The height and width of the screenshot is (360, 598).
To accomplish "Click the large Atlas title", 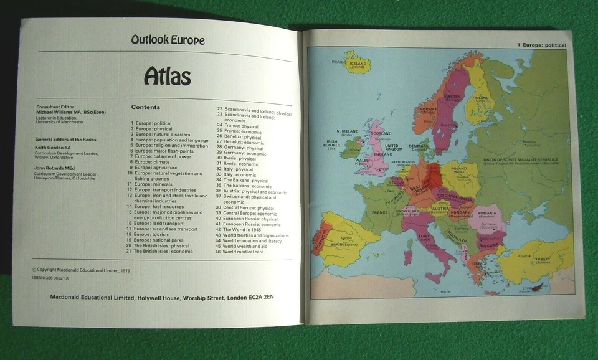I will [x=167, y=76].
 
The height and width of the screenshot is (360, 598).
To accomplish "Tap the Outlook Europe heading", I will [x=168, y=40].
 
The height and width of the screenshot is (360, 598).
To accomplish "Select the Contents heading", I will [x=145, y=107].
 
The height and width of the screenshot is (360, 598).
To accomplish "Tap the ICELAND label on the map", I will [x=358, y=63].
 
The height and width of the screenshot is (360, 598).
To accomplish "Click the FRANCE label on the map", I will [x=380, y=212].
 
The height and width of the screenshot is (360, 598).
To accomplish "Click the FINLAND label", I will [x=480, y=97].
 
